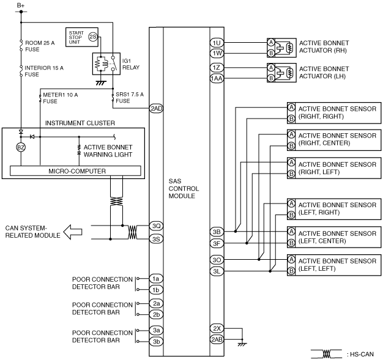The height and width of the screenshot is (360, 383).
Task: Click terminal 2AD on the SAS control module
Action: point(156,108)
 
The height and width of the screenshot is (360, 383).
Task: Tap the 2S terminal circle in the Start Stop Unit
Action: point(93,37)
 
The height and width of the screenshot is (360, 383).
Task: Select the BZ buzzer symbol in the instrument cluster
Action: point(21,147)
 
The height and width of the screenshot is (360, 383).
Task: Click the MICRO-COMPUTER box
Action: point(75,171)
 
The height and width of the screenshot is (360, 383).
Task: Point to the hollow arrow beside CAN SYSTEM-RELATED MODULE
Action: point(73,232)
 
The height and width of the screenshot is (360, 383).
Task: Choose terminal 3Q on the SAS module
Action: point(156,226)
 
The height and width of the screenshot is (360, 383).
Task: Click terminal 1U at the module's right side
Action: point(217,43)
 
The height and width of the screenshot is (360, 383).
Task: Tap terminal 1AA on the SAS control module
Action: point(217,78)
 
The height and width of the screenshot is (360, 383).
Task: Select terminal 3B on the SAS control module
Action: point(217,232)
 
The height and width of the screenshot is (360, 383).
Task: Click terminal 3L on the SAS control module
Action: point(217,271)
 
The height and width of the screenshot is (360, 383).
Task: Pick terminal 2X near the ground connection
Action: point(217,328)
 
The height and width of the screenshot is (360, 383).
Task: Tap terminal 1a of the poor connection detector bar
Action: point(156,279)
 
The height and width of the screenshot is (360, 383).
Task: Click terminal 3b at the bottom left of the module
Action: point(156,341)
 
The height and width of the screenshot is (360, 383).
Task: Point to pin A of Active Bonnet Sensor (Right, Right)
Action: point(291,107)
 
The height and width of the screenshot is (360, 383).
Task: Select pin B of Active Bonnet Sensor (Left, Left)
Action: point(291,271)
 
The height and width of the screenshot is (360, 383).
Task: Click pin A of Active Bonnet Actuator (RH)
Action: point(271,42)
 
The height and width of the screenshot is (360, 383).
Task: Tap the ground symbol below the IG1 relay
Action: point(100,83)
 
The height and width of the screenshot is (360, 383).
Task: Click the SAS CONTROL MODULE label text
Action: point(184,188)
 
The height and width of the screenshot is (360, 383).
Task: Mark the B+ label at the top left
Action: point(21,5)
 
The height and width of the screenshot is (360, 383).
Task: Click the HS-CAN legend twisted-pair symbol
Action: point(326,353)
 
